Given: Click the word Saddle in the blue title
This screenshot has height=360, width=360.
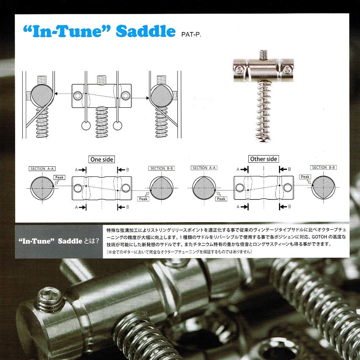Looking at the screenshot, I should coord(145,32).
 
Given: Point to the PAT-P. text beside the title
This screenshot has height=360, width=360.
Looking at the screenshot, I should coord(190,35).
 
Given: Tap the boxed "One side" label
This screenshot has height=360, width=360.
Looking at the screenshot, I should coord(102,159).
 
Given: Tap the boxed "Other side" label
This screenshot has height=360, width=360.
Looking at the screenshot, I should coord(264,159).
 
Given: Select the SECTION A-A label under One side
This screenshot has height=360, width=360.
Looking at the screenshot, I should coord(42,168).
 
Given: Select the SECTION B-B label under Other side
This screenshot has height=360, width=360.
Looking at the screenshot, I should coord(324,168).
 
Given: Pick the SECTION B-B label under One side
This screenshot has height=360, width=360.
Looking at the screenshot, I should coord(162,168).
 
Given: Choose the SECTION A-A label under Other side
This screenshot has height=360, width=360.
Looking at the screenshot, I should coord(204,168).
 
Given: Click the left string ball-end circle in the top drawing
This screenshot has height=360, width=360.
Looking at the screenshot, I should coord(86,126).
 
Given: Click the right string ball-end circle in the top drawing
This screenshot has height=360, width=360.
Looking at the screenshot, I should coord(118,126).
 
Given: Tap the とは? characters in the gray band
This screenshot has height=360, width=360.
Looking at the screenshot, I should coord(91,241).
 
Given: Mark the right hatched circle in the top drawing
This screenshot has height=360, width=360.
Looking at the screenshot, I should coord(161,95).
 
